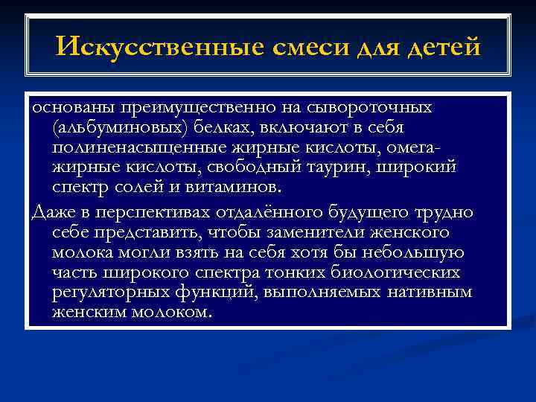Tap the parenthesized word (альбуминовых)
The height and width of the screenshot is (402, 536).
click(116, 127)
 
